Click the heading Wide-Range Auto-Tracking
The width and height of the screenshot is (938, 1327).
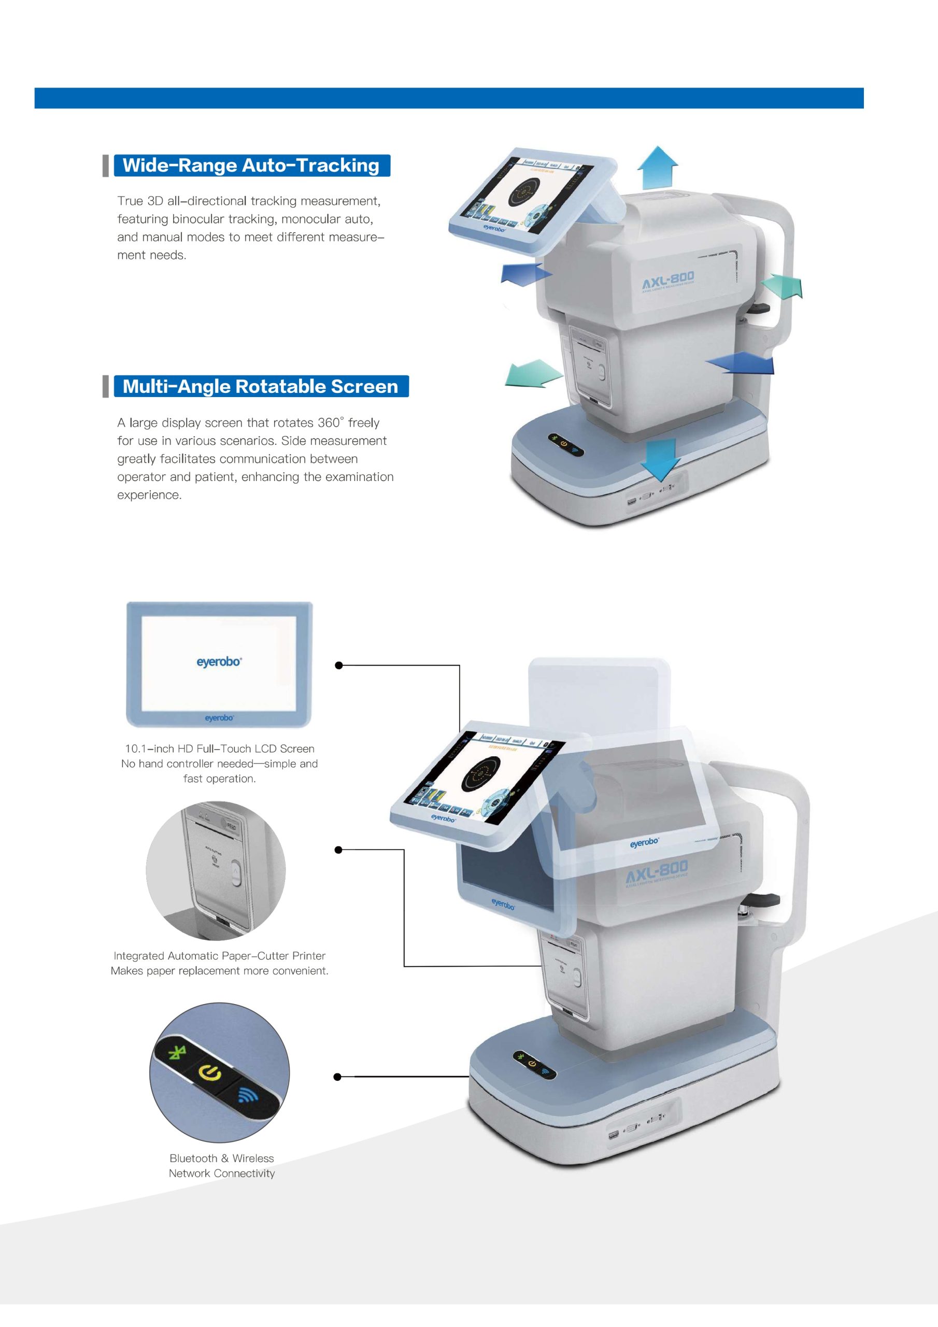pyautogui.click(x=251, y=165)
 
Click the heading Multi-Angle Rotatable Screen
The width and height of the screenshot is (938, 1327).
pyautogui.click(x=260, y=386)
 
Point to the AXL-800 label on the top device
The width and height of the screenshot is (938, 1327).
pyautogui.click(x=668, y=282)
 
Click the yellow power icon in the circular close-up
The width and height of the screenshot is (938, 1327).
pyautogui.click(x=210, y=1074)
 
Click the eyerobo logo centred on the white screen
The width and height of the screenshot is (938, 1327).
pyautogui.click(x=219, y=661)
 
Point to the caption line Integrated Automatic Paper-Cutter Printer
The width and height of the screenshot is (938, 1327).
pyautogui.click(x=220, y=956)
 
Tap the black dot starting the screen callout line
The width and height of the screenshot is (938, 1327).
pyautogui.click(x=339, y=665)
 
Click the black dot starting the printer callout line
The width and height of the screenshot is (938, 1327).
pyautogui.click(x=339, y=850)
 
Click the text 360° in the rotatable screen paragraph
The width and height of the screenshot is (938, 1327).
pyautogui.click(x=331, y=422)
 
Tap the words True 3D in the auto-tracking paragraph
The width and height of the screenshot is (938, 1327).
pyautogui.click(x=140, y=201)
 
